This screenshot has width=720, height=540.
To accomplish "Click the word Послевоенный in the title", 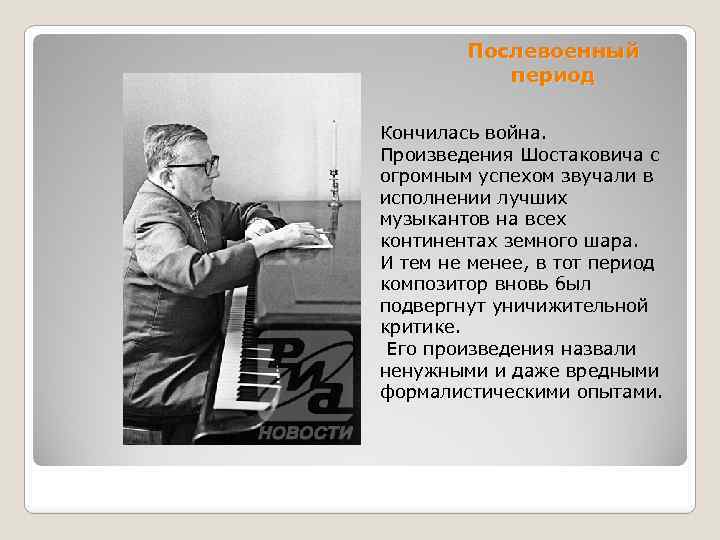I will (552, 51).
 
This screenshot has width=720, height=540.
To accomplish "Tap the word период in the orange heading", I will (552, 75).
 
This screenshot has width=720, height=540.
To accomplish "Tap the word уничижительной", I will (584, 306).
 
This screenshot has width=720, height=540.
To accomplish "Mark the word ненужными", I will (425, 370).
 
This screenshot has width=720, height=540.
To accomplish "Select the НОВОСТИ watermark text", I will (306, 432).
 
